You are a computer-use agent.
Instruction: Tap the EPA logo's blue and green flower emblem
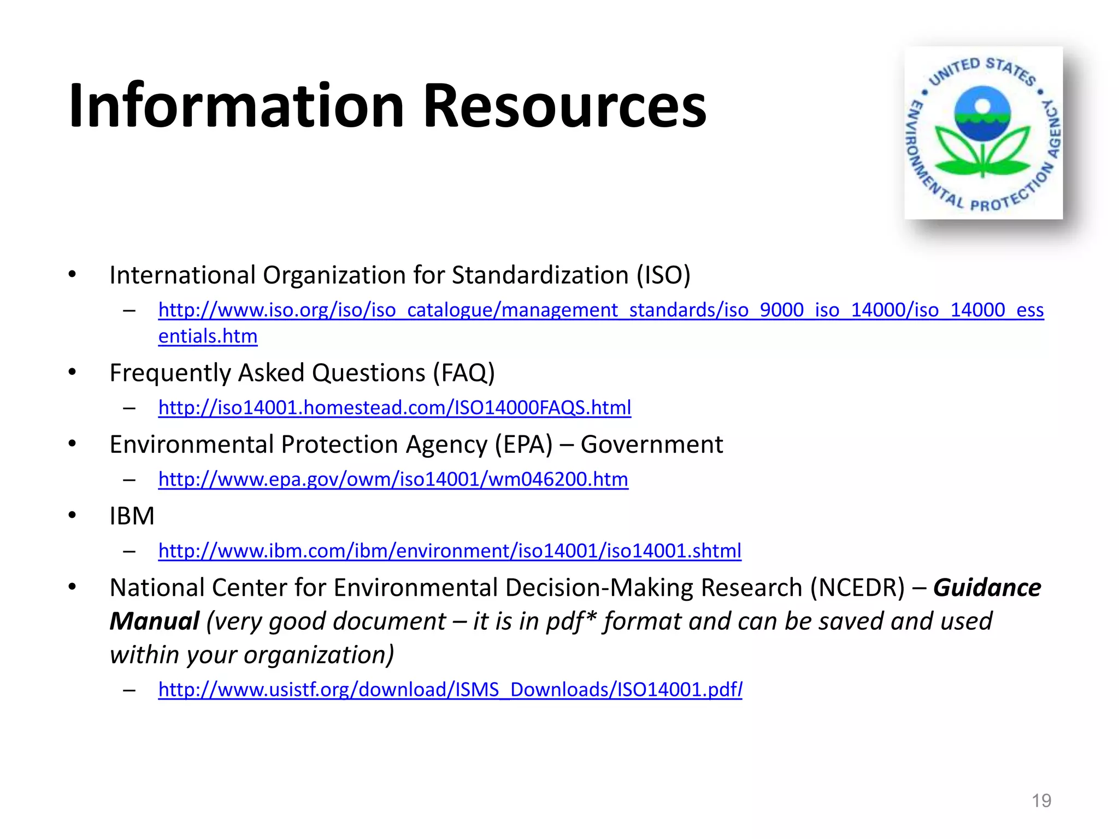click(982, 131)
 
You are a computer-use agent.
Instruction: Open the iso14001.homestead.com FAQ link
click(394, 407)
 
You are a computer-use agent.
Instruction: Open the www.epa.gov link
click(393, 479)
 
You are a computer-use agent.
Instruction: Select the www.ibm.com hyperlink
click(450, 551)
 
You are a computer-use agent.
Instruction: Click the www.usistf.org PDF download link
click(450, 689)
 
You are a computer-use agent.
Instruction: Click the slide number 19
click(1041, 801)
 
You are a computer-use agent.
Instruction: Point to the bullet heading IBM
click(132, 516)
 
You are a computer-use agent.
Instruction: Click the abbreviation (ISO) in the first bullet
click(663, 275)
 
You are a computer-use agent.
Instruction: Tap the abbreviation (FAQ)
click(464, 373)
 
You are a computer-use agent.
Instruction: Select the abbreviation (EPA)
click(523, 445)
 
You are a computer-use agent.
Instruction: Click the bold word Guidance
click(987, 588)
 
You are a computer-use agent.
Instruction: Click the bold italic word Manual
click(155, 622)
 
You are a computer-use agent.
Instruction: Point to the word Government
click(651, 445)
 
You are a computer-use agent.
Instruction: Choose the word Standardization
click(540, 275)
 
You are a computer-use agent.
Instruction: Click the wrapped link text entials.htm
click(208, 336)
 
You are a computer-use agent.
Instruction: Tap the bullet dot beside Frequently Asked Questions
click(72, 373)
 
